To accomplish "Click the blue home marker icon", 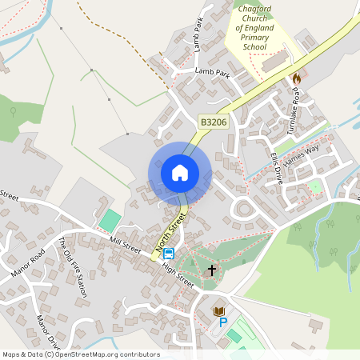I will [x=180, y=173].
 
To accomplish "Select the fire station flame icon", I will [x=297, y=78].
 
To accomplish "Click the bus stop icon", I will [x=169, y=254].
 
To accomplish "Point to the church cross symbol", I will [x=212, y=270].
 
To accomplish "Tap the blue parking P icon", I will [x=223, y=322].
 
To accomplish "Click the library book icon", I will [x=219, y=310].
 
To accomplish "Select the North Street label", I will [x=170, y=230].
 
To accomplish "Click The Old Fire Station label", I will [x=71, y=267].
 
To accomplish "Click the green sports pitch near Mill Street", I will [x=110, y=221].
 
